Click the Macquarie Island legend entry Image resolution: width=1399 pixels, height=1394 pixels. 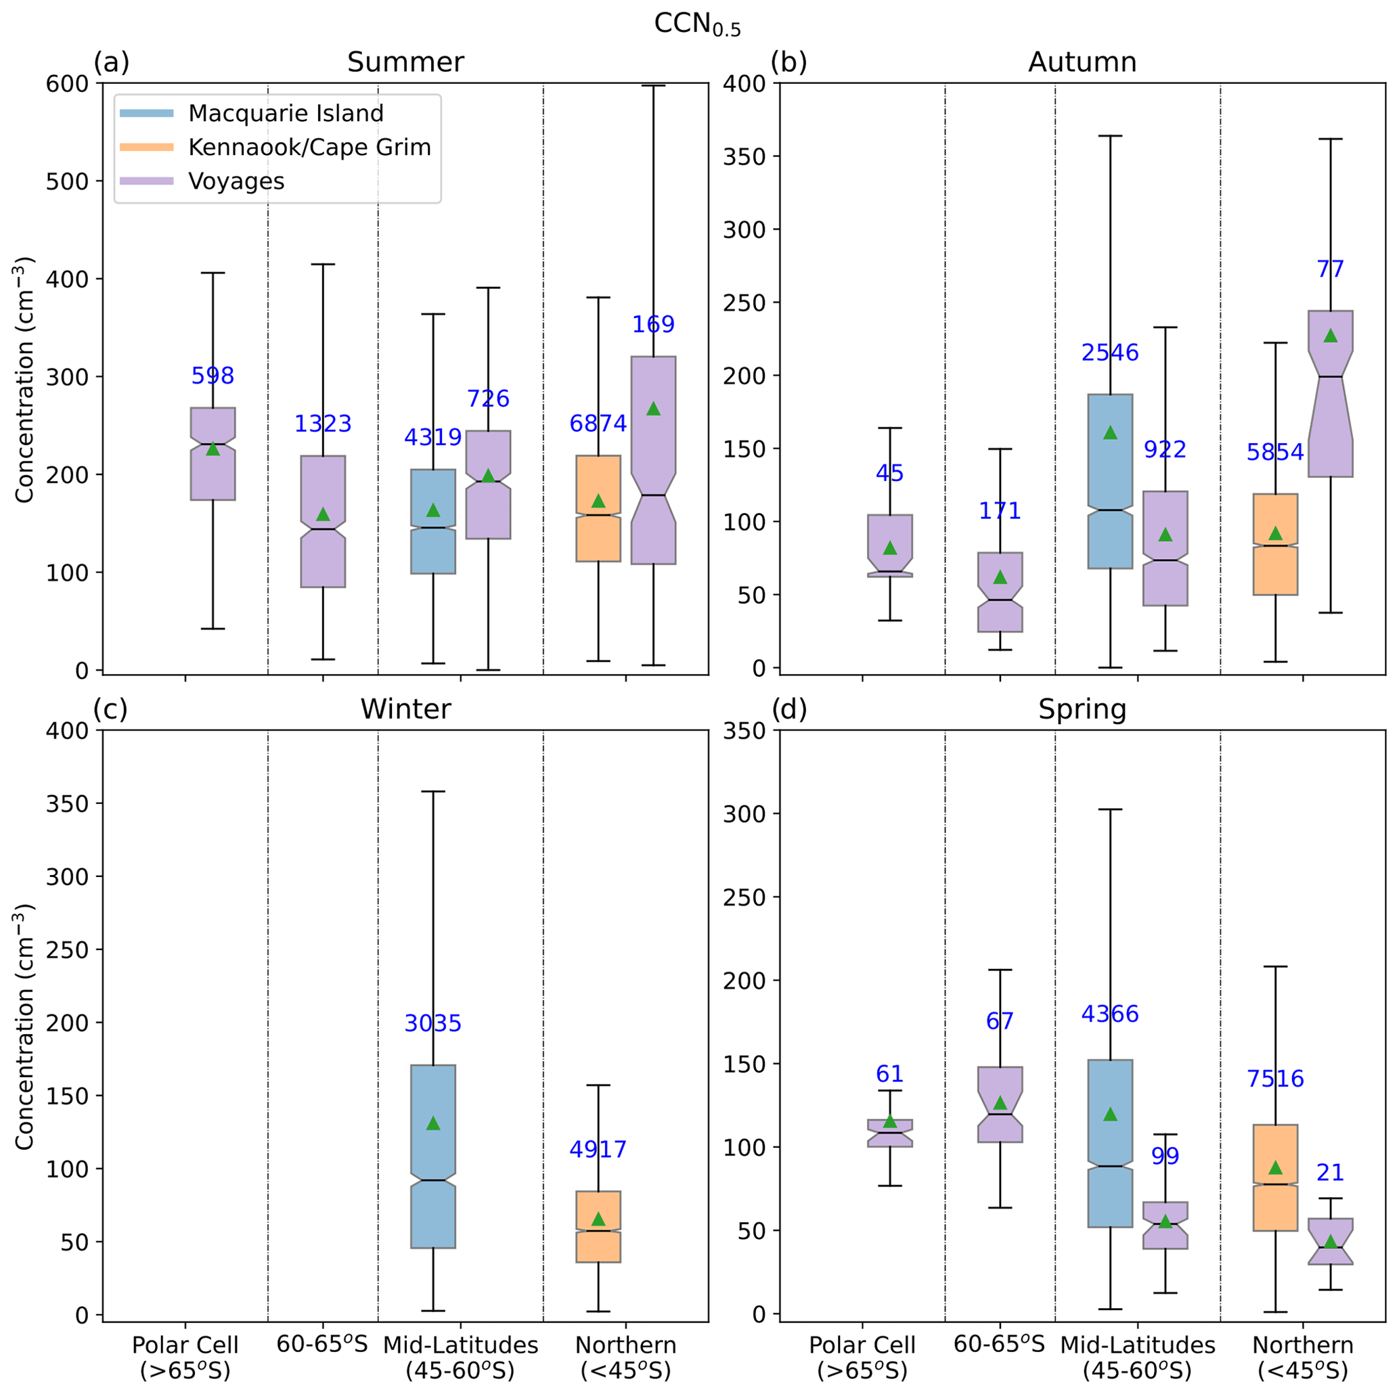pyautogui.click(x=286, y=113)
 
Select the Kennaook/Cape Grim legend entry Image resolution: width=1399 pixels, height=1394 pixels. pyautogui.click(x=309, y=147)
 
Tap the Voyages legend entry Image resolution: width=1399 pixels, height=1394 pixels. pyautogui.click(x=236, y=181)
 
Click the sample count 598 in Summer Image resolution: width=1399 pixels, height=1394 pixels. pyautogui.click(x=213, y=375)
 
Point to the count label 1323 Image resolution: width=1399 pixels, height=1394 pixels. pyautogui.click(x=323, y=424)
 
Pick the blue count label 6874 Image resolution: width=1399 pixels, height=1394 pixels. pyautogui.click(x=598, y=424)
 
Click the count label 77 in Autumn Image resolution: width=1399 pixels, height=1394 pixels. pyautogui.click(x=1330, y=269)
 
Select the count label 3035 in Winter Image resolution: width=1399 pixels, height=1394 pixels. pyautogui.click(x=433, y=1023)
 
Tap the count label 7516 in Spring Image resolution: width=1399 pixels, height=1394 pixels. pyautogui.click(x=1275, y=1079)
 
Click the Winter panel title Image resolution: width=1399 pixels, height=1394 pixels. pyautogui.click(x=405, y=709)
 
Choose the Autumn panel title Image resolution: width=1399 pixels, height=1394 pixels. pyautogui.click(x=1082, y=62)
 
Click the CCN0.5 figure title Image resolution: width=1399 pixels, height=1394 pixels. pyautogui.click(x=697, y=24)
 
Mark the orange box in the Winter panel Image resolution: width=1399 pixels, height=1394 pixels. pyautogui.click(x=598, y=1227)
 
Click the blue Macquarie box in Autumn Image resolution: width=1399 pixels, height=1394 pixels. pyautogui.click(x=1110, y=481)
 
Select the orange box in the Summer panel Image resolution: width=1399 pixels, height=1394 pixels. pyautogui.click(x=598, y=508)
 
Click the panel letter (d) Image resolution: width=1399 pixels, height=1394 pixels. pyautogui.click(x=789, y=709)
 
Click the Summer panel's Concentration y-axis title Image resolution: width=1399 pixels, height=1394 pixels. pyautogui.click(x=24, y=380)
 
